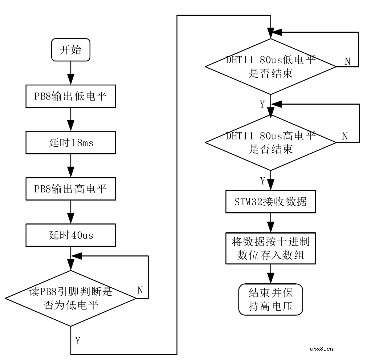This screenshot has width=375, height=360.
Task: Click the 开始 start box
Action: (x=70, y=50)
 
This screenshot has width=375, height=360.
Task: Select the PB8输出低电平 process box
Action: (x=70, y=97)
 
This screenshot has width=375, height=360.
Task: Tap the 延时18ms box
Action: (x=70, y=143)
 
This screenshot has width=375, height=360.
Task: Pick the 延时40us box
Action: (x=70, y=235)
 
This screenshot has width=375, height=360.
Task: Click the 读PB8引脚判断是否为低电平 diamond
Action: (x=70, y=298)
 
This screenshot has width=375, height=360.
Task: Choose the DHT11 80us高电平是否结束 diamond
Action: (x=271, y=142)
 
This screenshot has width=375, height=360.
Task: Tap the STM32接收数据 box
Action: (x=271, y=201)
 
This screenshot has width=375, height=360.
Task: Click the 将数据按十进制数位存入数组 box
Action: (x=271, y=248)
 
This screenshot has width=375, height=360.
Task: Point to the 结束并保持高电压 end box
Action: (x=271, y=299)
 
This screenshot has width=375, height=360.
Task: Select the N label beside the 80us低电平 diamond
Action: (x=347, y=61)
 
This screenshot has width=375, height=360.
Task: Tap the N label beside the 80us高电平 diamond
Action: (x=345, y=136)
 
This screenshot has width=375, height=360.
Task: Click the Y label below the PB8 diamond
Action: (x=78, y=340)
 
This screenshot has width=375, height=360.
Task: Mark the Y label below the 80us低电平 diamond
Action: (x=262, y=104)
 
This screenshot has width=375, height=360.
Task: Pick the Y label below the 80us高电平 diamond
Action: (x=262, y=180)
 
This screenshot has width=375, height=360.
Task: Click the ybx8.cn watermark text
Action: (x=322, y=349)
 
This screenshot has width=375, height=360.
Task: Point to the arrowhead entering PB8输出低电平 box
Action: (x=70, y=82)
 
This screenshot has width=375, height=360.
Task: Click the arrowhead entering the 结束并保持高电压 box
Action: (x=271, y=280)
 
